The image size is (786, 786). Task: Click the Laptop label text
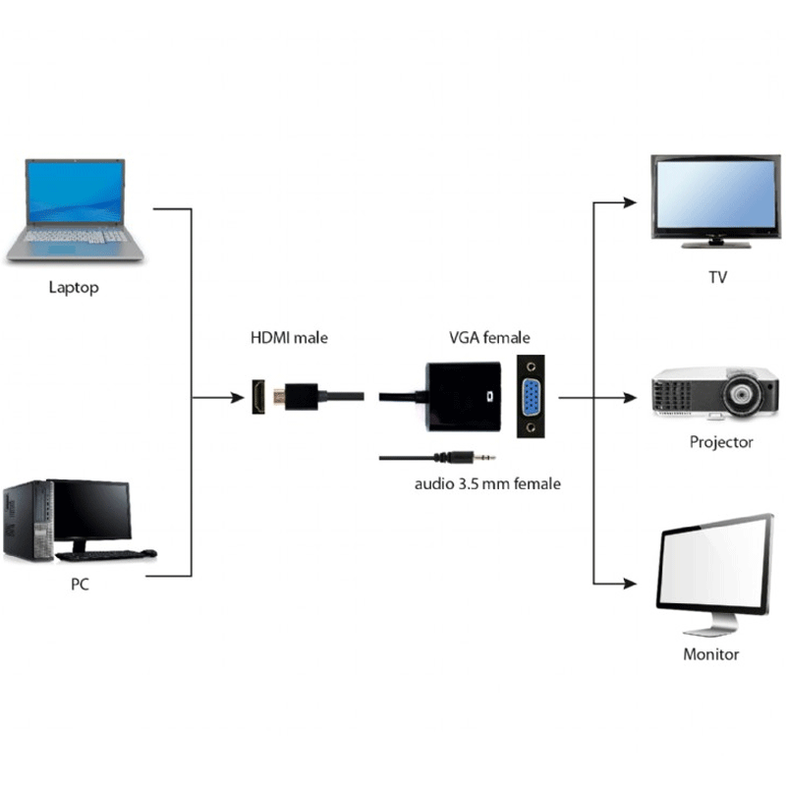[74, 288]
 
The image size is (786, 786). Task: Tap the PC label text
[80, 584]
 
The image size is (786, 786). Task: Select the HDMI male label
[289, 337]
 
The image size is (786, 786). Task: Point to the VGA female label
[489, 337]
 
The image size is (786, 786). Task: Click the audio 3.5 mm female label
[487, 483]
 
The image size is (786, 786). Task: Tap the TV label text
[717, 277]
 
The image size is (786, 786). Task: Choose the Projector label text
[721, 442]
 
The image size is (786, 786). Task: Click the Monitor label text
[710, 654]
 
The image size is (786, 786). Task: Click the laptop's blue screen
[76, 192]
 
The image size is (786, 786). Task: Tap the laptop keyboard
[76, 236]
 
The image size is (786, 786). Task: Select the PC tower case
[28, 521]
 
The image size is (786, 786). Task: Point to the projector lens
[741, 394]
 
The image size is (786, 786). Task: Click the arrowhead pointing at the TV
[630, 202]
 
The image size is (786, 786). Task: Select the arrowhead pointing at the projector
[630, 398]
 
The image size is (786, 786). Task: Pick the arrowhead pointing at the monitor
[630, 584]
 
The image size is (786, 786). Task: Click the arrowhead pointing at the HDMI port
[237, 398]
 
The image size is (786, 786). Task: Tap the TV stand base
[716, 245]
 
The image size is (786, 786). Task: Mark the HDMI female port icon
[258, 397]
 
